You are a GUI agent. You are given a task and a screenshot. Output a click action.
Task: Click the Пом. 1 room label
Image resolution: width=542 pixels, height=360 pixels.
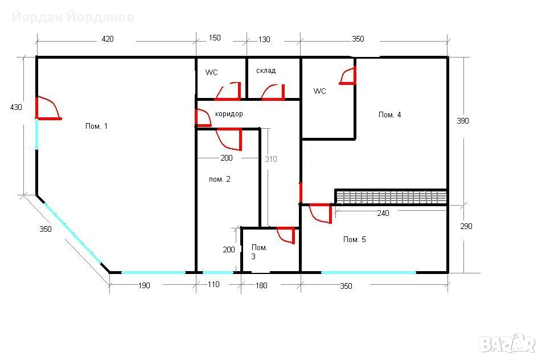96,126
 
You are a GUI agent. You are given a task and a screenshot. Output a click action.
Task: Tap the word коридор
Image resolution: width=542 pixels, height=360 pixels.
229,114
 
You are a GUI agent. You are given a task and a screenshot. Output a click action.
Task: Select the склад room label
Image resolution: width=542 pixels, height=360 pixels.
266,71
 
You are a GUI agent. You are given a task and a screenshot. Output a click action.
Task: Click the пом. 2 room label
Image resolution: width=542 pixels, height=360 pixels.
220,179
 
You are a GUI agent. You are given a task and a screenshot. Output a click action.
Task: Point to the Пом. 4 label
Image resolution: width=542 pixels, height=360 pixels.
389,115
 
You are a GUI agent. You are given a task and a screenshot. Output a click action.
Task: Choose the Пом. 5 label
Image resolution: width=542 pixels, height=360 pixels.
354,239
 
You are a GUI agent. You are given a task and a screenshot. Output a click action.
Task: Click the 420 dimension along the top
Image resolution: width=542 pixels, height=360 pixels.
108,39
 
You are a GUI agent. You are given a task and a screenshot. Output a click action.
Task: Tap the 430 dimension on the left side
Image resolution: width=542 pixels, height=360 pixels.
16,107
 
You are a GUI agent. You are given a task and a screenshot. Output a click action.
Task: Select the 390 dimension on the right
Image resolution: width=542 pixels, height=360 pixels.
462,121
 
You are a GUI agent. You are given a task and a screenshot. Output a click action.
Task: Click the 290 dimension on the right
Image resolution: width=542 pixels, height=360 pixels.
466,226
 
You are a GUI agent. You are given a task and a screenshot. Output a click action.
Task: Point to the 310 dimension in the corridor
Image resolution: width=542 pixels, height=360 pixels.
270,159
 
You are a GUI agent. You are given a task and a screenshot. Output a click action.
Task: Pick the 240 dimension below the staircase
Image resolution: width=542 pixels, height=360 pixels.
383,213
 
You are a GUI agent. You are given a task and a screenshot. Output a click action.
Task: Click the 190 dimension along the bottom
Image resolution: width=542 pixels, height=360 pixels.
144,285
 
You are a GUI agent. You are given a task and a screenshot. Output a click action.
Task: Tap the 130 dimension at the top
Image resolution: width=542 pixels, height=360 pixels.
264,39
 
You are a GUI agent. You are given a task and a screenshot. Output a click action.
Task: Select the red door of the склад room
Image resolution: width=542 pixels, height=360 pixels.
273,92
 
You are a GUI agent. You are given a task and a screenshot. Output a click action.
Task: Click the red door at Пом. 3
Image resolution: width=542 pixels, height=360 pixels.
286,235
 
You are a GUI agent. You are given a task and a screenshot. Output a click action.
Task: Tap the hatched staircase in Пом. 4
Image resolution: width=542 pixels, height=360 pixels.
391,197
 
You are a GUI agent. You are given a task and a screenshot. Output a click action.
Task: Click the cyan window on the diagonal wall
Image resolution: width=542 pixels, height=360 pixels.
72,233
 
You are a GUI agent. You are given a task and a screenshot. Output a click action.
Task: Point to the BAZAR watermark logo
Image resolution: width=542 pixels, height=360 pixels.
507,343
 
